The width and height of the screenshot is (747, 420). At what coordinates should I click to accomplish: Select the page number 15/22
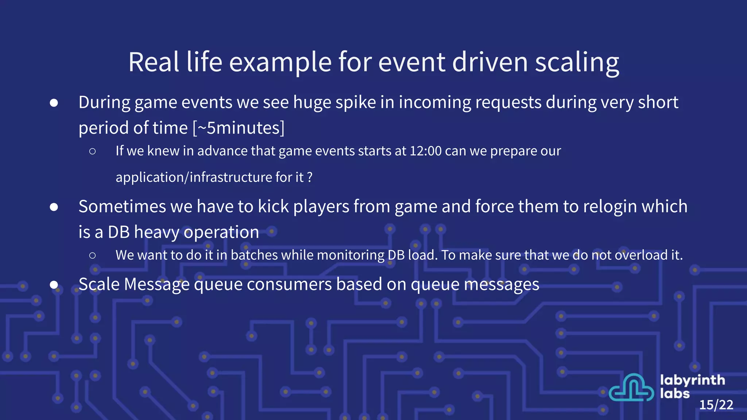pos(716,405)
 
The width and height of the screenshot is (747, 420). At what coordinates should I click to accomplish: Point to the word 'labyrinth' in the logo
pos(692,380)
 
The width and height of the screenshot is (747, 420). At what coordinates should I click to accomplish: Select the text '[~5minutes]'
pos(239,128)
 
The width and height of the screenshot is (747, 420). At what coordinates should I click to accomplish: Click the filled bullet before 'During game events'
pos(54,103)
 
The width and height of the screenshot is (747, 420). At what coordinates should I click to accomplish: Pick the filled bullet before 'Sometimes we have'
pos(54,207)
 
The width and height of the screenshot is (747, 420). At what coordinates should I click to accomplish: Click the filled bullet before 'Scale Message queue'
pos(54,285)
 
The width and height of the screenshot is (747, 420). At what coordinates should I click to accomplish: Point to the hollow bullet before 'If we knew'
pos(92,151)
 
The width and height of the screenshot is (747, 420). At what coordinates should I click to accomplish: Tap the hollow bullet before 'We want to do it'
pos(92,256)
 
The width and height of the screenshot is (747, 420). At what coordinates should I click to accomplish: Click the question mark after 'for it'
pos(310,178)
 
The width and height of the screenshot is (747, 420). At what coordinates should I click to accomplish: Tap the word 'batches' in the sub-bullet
pos(254,255)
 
